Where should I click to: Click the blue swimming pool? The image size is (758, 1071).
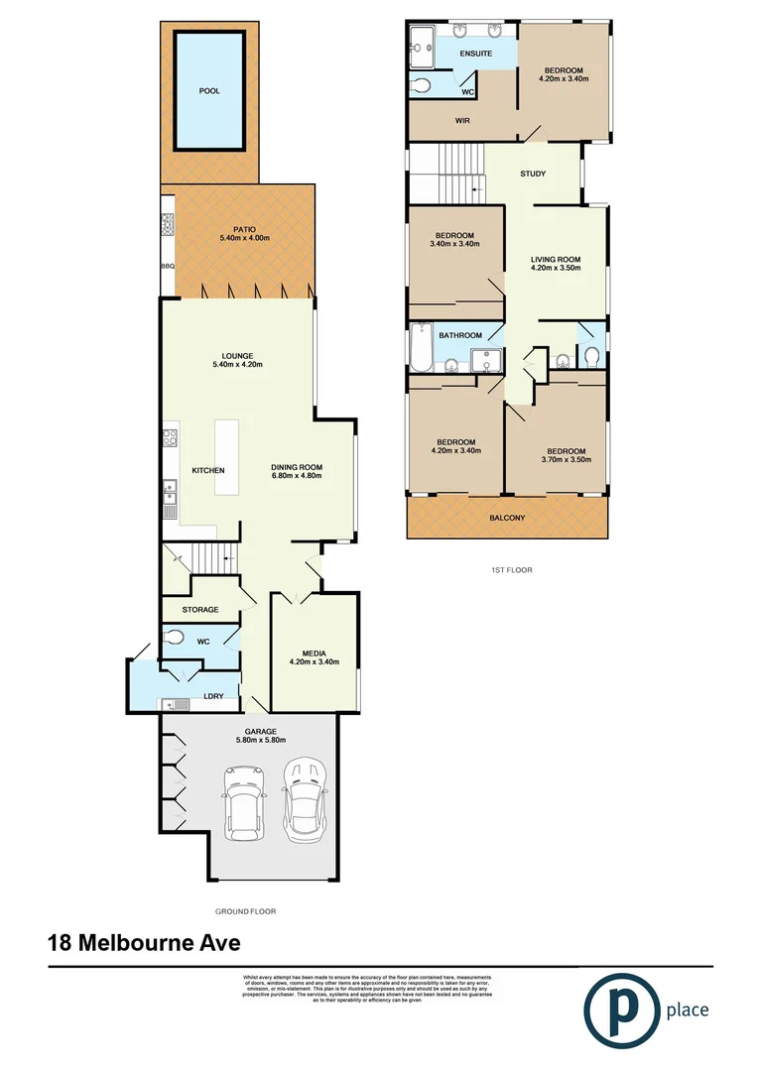(209, 90)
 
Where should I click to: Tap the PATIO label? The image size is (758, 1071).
(244, 229)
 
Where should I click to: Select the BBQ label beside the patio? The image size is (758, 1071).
(167, 267)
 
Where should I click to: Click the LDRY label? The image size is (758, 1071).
(212, 696)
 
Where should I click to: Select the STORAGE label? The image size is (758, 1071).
(200, 609)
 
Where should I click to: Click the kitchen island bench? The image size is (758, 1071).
(227, 457)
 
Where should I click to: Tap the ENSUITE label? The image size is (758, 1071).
(475, 53)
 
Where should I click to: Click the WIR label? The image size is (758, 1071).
(461, 121)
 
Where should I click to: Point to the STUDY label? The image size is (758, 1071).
(533, 174)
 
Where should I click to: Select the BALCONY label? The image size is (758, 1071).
(506, 518)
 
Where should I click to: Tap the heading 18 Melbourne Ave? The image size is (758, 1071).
(144, 943)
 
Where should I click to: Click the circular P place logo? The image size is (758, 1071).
(623, 1010)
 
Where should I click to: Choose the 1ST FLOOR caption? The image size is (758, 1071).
(506, 570)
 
